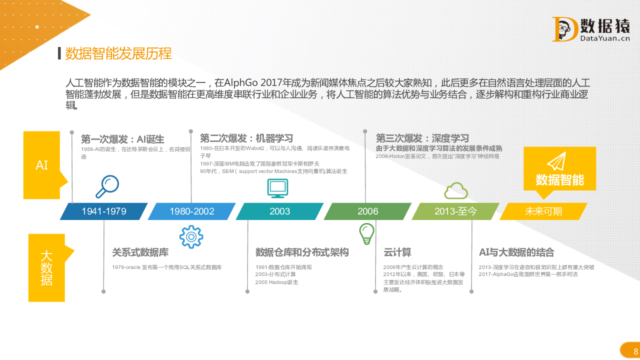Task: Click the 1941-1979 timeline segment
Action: click(103, 211)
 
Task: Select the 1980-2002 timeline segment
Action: click(191, 211)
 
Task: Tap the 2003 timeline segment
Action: click(279, 211)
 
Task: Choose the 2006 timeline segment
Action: click(367, 211)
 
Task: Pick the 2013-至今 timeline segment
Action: click(455, 211)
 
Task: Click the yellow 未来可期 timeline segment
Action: click(543, 211)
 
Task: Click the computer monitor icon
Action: click(277, 188)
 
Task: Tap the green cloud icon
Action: click(456, 190)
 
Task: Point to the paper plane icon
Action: click(557, 161)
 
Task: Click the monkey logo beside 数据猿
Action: click(565, 29)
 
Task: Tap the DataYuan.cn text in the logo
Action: click(605, 38)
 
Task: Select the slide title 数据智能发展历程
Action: click(118, 53)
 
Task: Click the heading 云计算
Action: click(397, 252)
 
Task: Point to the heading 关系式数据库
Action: click(140, 252)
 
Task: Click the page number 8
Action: click(635, 351)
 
